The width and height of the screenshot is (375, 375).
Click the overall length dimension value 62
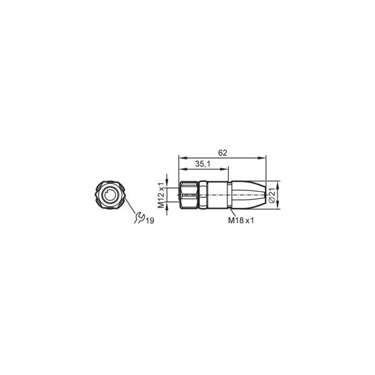(x=222, y=153)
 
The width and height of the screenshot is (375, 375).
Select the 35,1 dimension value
(x=202, y=164)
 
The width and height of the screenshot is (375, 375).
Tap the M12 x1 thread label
(x=161, y=195)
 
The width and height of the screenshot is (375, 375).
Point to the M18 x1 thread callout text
(x=241, y=220)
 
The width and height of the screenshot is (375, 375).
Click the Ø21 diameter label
(x=272, y=195)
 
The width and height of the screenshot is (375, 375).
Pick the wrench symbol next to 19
(x=139, y=217)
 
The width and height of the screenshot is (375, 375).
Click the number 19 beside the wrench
(x=150, y=221)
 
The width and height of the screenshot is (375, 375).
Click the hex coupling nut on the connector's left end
(x=189, y=195)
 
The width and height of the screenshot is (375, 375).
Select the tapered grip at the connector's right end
(x=249, y=195)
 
